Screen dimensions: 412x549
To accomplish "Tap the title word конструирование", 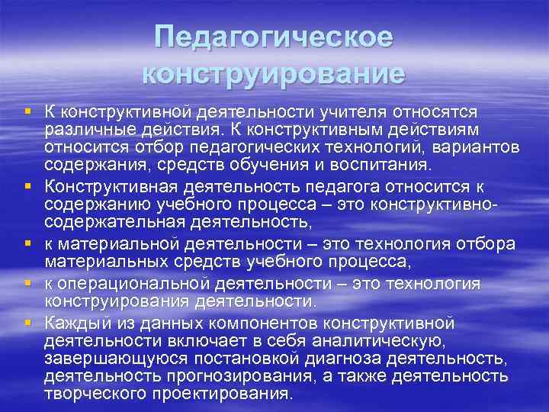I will coord(274,74).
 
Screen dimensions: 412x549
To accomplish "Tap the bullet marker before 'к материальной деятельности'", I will coord(28,243).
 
